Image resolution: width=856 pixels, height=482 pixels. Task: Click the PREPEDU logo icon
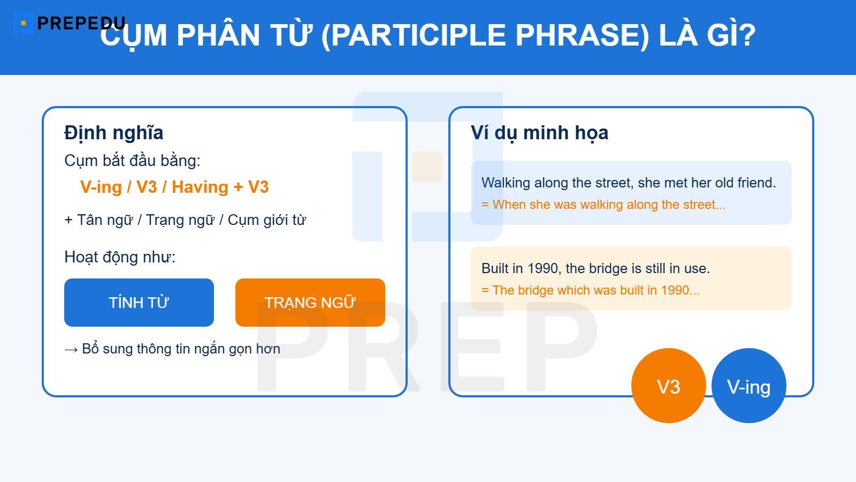(x=23, y=23)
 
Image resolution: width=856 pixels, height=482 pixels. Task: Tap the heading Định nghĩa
(x=113, y=133)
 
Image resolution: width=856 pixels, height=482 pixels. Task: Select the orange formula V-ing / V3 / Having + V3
(x=174, y=187)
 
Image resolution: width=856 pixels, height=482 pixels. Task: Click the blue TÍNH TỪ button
(x=139, y=303)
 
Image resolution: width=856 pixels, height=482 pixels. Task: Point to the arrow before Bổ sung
(x=71, y=350)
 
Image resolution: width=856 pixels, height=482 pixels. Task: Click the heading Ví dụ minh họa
(x=539, y=133)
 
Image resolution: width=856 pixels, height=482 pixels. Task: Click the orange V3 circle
(x=668, y=386)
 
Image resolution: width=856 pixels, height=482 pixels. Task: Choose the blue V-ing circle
(x=748, y=386)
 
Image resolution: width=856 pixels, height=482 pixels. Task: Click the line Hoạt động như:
(x=120, y=257)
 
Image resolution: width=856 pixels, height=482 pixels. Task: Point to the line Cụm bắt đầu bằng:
(x=132, y=161)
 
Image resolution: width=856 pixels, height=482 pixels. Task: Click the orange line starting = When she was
(x=603, y=205)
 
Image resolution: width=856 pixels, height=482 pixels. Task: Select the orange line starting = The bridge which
(x=591, y=290)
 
